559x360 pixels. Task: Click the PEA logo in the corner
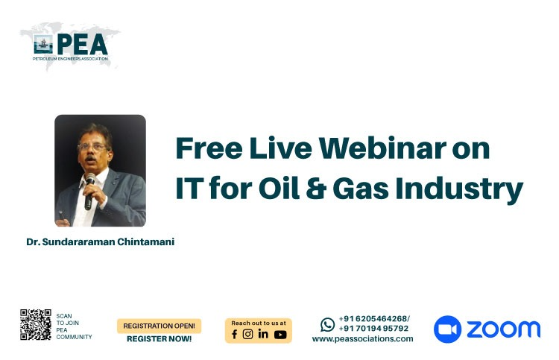[x=70, y=46]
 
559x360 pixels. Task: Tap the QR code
[x=36, y=324]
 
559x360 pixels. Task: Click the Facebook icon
[x=234, y=334]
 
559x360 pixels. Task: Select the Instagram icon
[x=247, y=334]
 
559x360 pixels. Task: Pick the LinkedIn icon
[x=263, y=334]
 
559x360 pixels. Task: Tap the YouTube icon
[x=280, y=335]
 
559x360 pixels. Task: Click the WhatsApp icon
[x=327, y=325]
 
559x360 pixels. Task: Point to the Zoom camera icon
[x=447, y=329]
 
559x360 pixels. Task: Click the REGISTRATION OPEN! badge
[x=159, y=326]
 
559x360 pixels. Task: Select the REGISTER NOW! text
[x=159, y=338]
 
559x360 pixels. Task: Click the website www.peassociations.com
[x=362, y=338]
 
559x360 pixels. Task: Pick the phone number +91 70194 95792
[x=373, y=328]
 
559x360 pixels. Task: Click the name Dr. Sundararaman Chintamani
[x=100, y=241]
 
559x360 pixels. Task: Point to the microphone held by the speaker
[x=89, y=191]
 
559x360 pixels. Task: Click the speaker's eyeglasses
[x=92, y=147]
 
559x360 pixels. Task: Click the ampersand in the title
[x=316, y=188]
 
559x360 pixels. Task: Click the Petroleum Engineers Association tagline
[x=70, y=58]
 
